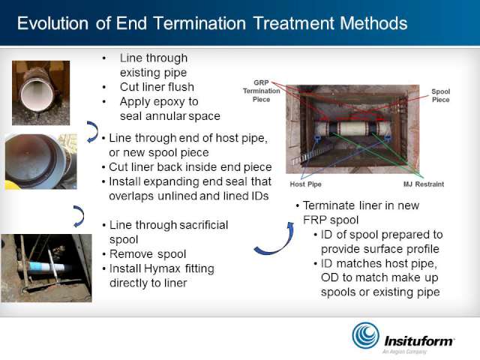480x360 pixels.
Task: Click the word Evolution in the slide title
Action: coord(52,23)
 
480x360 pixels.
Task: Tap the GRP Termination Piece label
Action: coord(262,91)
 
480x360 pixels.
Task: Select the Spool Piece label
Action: coord(440,95)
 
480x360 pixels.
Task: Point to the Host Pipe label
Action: coord(305,184)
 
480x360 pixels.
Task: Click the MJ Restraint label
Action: coord(424,184)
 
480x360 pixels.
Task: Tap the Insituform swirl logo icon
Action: coord(365,335)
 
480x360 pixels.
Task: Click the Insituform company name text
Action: coord(419,341)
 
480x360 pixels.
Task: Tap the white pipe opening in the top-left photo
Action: coord(37,96)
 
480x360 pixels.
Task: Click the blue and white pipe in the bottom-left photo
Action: coord(42,267)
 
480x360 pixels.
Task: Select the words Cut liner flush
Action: coord(157,87)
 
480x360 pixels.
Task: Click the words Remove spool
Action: coord(148,254)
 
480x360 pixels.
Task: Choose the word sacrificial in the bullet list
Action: coord(203,225)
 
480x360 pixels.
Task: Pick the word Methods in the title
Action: coord(373,23)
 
